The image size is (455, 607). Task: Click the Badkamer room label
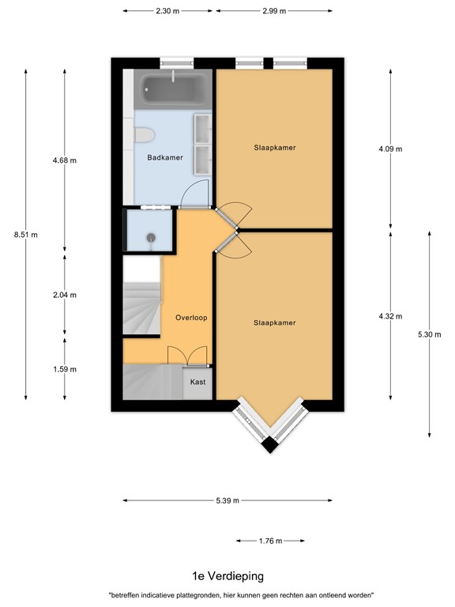click(165, 157)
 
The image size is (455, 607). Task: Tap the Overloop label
click(190, 318)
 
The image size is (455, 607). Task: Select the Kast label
click(198, 382)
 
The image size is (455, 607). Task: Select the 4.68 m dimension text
click(64, 160)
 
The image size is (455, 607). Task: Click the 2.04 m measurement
click(64, 295)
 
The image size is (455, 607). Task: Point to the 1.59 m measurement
click(64, 368)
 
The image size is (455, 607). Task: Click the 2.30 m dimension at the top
click(167, 11)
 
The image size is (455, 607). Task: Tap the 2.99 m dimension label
click(273, 11)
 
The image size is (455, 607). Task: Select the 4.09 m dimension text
click(389, 149)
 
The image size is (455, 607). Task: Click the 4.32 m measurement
click(389, 316)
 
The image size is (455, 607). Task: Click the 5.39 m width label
click(226, 500)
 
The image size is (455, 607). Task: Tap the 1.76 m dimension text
click(270, 541)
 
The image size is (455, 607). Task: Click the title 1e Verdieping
click(227, 576)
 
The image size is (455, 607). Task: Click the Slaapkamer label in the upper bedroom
click(275, 148)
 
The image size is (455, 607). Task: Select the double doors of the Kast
click(188, 357)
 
